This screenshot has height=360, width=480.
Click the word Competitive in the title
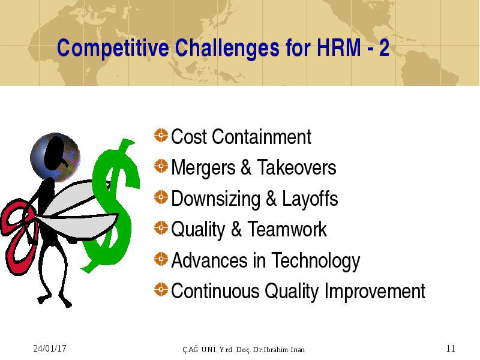tap(113, 49)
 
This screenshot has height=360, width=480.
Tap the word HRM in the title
tap(339, 47)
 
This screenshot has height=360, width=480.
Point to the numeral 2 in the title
tap(384, 47)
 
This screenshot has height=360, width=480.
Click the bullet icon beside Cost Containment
tap(161, 136)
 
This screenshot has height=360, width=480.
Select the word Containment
tap(262, 137)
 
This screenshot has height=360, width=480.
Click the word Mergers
tap(203, 168)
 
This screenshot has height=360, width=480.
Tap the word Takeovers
tap(296, 167)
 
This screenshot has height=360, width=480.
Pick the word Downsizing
tap(216, 199)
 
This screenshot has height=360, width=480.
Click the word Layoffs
tap(310, 199)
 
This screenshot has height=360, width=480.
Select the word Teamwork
tap(287, 229)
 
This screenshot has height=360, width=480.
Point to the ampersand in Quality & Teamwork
tap(236, 229)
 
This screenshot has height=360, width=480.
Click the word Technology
tap(316, 261)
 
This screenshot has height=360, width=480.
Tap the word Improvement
tap(374, 292)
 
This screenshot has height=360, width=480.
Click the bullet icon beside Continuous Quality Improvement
tap(161, 290)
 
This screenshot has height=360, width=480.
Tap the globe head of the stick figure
tap(55, 157)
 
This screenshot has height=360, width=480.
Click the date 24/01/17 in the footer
tap(50, 349)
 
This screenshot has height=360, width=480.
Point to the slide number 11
tap(451, 349)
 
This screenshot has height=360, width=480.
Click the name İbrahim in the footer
tap(275, 349)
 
